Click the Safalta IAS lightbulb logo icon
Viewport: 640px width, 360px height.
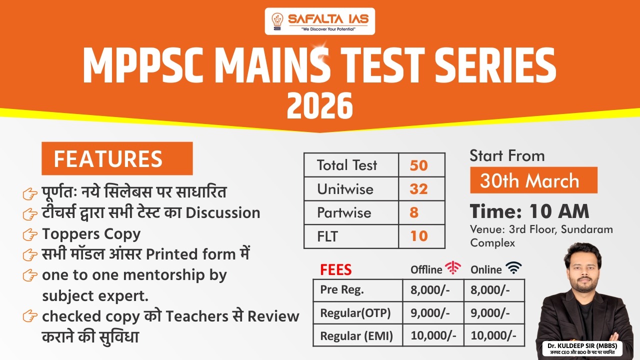[x=277, y=21]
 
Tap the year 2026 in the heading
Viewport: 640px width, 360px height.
[x=319, y=106]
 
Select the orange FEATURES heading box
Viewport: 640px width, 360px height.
[x=117, y=158]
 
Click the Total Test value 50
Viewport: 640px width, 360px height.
[x=418, y=165]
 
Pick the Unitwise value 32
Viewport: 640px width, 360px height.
[x=418, y=189]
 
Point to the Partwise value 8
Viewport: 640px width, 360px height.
[x=414, y=213]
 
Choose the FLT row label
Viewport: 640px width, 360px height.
[x=327, y=236]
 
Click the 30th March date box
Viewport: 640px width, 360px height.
[x=533, y=180]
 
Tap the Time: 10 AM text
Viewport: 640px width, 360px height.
[x=529, y=211]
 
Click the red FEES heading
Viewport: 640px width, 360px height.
[x=335, y=269]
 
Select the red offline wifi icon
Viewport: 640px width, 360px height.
[x=453, y=267]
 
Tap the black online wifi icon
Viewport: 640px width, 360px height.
[x=513, y=267]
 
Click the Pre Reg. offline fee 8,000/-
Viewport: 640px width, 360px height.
[x=430, y=290]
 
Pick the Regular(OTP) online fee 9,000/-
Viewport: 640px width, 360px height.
[x=490, y=313]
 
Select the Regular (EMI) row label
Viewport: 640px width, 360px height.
[x=356, y=336]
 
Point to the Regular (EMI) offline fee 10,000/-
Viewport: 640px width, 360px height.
[x=433, y=335]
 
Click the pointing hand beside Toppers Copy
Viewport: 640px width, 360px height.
[x=30, y=235]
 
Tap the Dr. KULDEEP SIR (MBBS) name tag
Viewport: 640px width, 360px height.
[x=582, y=349]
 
